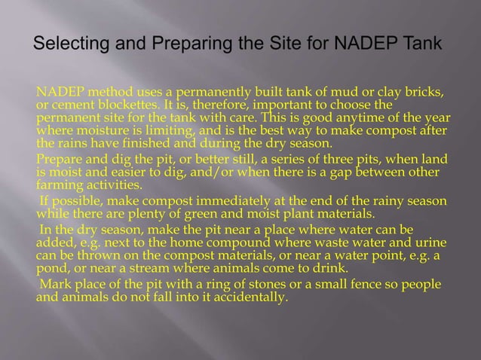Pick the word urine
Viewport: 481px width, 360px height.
(428, 241)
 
